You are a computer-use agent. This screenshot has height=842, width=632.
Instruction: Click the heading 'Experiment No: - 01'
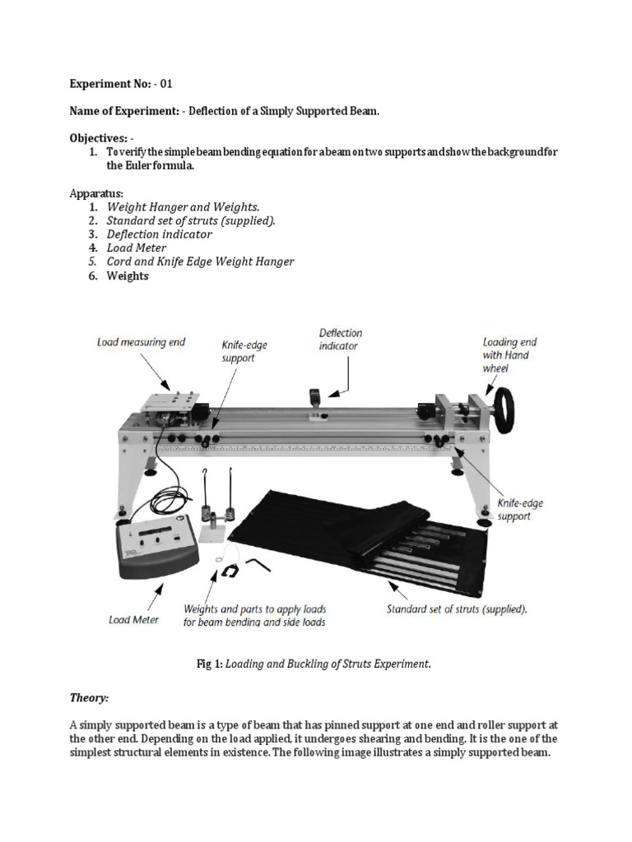(x=121, y=84)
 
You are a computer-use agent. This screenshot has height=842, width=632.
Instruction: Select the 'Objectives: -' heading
(x=101, y=139)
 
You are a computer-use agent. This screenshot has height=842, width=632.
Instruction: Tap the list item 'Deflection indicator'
(x=159, y=234)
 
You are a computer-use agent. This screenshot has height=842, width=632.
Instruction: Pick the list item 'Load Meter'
(x=136, y=248)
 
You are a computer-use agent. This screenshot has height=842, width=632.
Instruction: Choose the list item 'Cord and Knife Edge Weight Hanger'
(x=200, y=262)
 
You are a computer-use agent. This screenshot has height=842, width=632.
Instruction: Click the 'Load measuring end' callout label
(x=141, y=341)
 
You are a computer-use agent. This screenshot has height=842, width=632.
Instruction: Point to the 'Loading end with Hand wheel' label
(x=505, y=355)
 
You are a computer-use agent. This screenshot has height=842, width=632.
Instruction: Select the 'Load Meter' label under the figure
(x=134, y=619)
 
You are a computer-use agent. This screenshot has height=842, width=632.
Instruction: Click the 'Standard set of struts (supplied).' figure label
(x=458, y=610)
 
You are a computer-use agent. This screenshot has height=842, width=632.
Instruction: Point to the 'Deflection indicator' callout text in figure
(x=340, y=340)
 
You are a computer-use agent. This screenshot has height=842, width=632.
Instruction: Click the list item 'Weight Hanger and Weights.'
(x=183, y=207)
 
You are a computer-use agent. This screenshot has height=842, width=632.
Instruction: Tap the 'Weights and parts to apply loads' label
(x=254, y=609)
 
